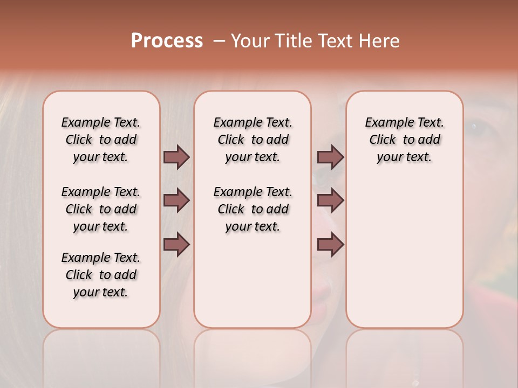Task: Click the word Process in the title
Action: coord(167,40)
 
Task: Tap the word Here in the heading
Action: coord(379,40)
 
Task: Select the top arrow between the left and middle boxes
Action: coord(176,157)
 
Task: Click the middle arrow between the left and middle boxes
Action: coord(176,201)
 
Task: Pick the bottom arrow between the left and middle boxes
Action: coord(176,244)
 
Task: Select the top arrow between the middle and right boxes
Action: coord(330,157)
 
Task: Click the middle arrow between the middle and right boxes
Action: coord(330,201)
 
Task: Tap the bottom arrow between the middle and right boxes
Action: coord(330,244)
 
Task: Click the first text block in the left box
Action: coord(101,140)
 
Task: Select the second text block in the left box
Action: coord(101,209)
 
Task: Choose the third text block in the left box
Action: coord(101,275)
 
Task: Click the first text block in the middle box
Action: coord(253,140)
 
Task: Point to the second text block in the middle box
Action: coord(253,209)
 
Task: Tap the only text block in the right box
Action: coord(404,140)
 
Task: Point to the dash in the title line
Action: coord(219,40)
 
